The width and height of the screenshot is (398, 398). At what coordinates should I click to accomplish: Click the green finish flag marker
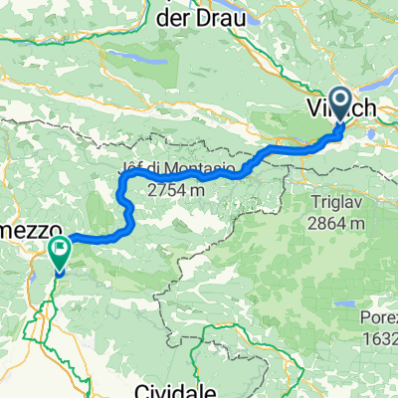pyautogui.click(x=59, y=250)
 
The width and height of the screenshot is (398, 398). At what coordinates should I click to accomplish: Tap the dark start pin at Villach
pyautogui.click(x=339, y=104)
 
